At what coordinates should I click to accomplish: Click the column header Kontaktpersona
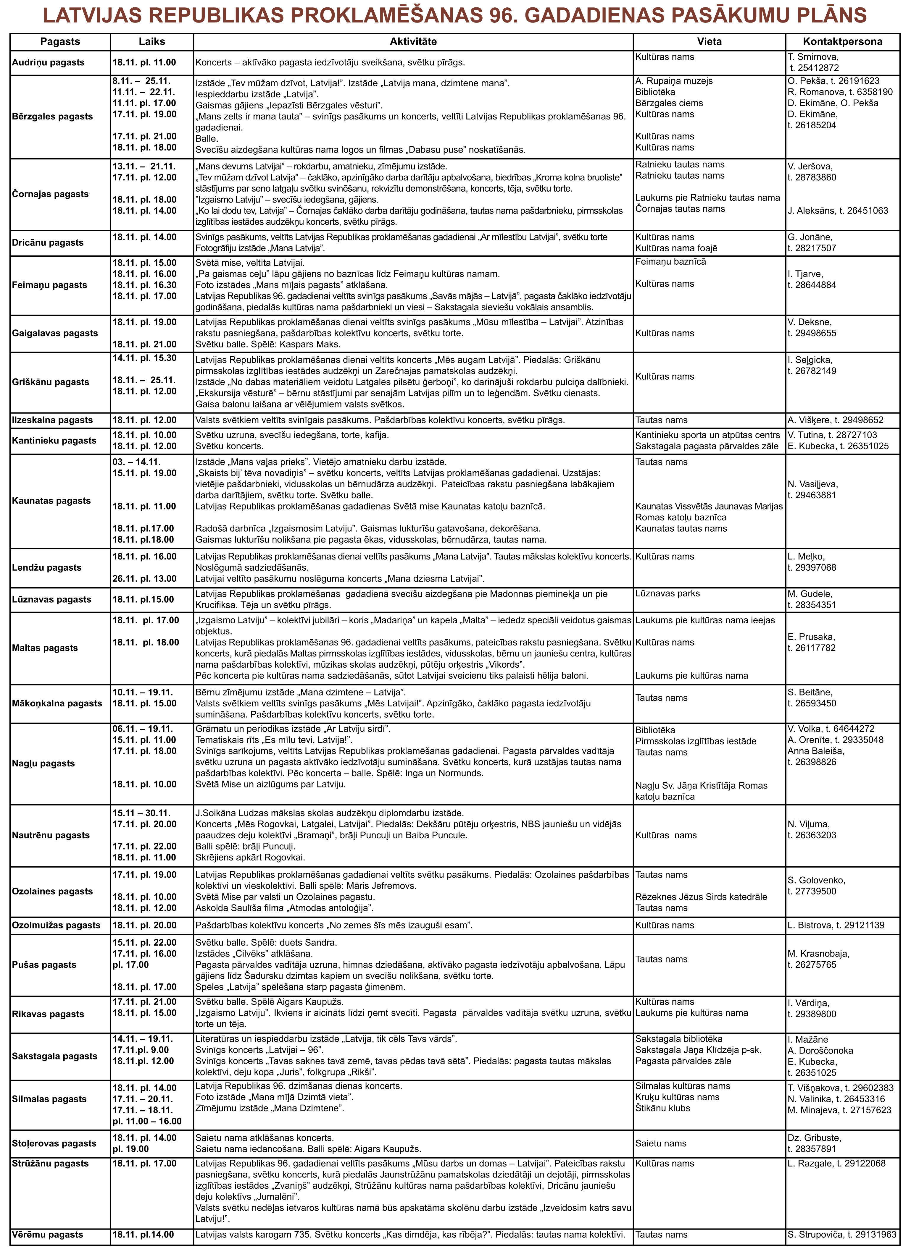click(x=842, y=41)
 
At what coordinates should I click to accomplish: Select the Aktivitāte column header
click(x=413, y=41)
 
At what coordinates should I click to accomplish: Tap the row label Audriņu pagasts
click(x=48, y=62)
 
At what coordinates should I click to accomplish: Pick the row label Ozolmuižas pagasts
click(x=56, y=925)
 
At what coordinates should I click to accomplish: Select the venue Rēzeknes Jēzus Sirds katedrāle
click(x=701, y=897)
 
